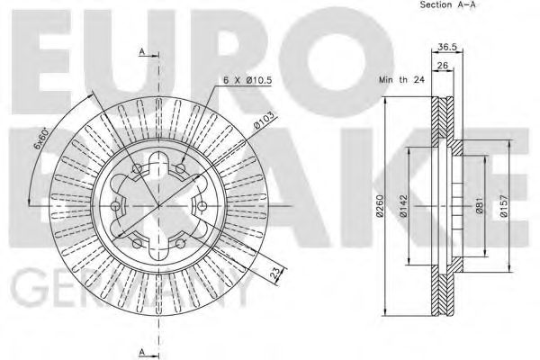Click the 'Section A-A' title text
(447, 5)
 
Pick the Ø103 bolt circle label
(263, 119)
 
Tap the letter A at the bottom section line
(142, 351)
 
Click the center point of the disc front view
(159, 205)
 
